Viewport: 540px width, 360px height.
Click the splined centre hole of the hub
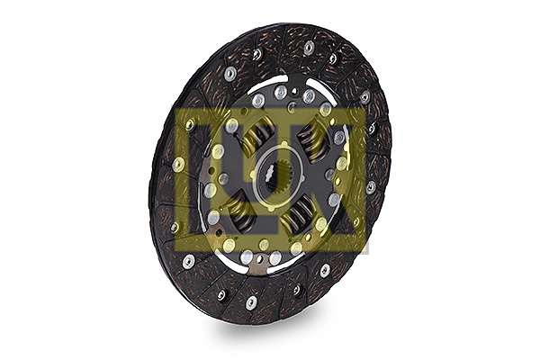[x=274, y=175]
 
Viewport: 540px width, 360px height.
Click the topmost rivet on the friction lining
[x=309, y=47]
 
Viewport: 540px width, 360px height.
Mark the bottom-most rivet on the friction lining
[x=251, y=303]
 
